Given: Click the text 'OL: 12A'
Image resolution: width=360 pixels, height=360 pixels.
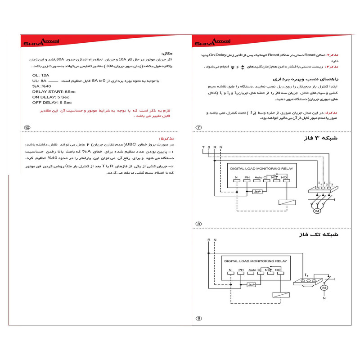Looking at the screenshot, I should [41, 75].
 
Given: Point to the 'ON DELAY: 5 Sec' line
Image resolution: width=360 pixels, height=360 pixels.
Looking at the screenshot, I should [50, 97].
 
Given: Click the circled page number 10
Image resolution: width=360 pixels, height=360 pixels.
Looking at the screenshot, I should [27, 127].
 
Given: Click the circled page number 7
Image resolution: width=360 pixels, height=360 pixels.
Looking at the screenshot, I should [198, 127].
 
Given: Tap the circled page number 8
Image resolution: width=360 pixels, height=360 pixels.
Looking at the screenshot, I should [198, 224].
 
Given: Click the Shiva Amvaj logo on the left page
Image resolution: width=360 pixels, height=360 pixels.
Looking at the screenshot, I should [39, 42].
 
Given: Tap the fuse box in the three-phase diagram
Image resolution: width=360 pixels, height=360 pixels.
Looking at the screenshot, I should [257, 191].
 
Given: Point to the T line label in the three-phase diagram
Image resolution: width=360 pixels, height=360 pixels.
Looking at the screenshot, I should [203, 147].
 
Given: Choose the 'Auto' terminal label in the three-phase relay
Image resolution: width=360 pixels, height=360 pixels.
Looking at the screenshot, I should [258, 178].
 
